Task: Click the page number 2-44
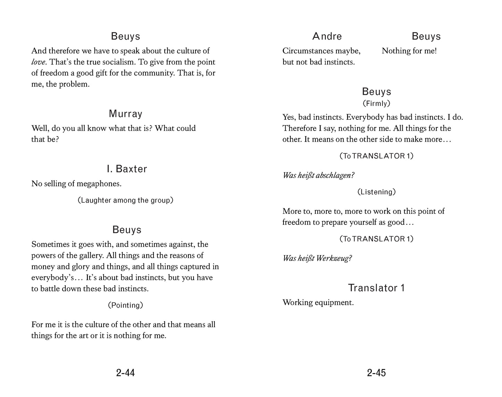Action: point(125,373)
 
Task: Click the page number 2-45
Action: point(376,373)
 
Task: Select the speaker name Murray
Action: point(125,114)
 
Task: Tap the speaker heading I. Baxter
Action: point(127,169)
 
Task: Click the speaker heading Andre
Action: point(327,36)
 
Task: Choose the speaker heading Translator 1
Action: point(376,288)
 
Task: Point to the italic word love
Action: point(38,62)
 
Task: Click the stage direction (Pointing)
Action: point(125,305)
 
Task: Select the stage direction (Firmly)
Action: point(376,103)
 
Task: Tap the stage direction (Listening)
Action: point(376,192)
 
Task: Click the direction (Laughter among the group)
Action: point(125,200)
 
